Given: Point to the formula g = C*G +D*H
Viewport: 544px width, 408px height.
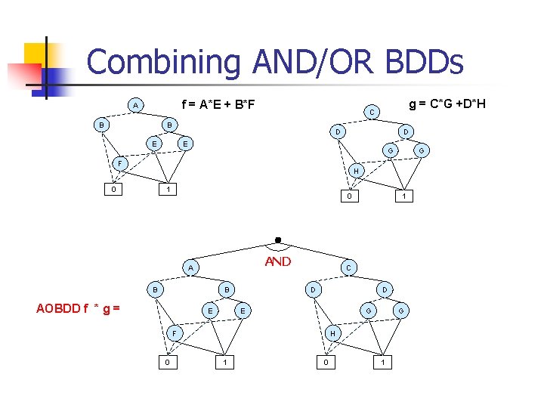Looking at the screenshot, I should [x=447, y=103].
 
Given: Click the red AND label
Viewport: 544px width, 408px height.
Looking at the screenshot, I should [x=278, y=261].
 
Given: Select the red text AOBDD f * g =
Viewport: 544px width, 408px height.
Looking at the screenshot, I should [x=79, y=308].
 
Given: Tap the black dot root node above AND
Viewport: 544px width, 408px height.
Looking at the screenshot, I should [x=278, y=240].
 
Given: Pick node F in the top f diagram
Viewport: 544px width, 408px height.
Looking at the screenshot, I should [x=119, y=162].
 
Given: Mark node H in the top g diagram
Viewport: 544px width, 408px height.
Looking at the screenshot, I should [x=357, y=172].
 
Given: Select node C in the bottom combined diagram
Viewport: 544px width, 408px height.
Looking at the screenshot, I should [x=348, y=267].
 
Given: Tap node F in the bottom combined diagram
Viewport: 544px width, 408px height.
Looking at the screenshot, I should [x=173, y=332].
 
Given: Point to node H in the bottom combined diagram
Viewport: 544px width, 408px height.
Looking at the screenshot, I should [x=332, y=332].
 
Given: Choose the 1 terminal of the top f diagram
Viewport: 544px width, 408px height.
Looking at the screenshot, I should [x=170, y=189].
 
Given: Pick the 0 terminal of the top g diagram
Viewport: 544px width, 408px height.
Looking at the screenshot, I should [x=348, y=196].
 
